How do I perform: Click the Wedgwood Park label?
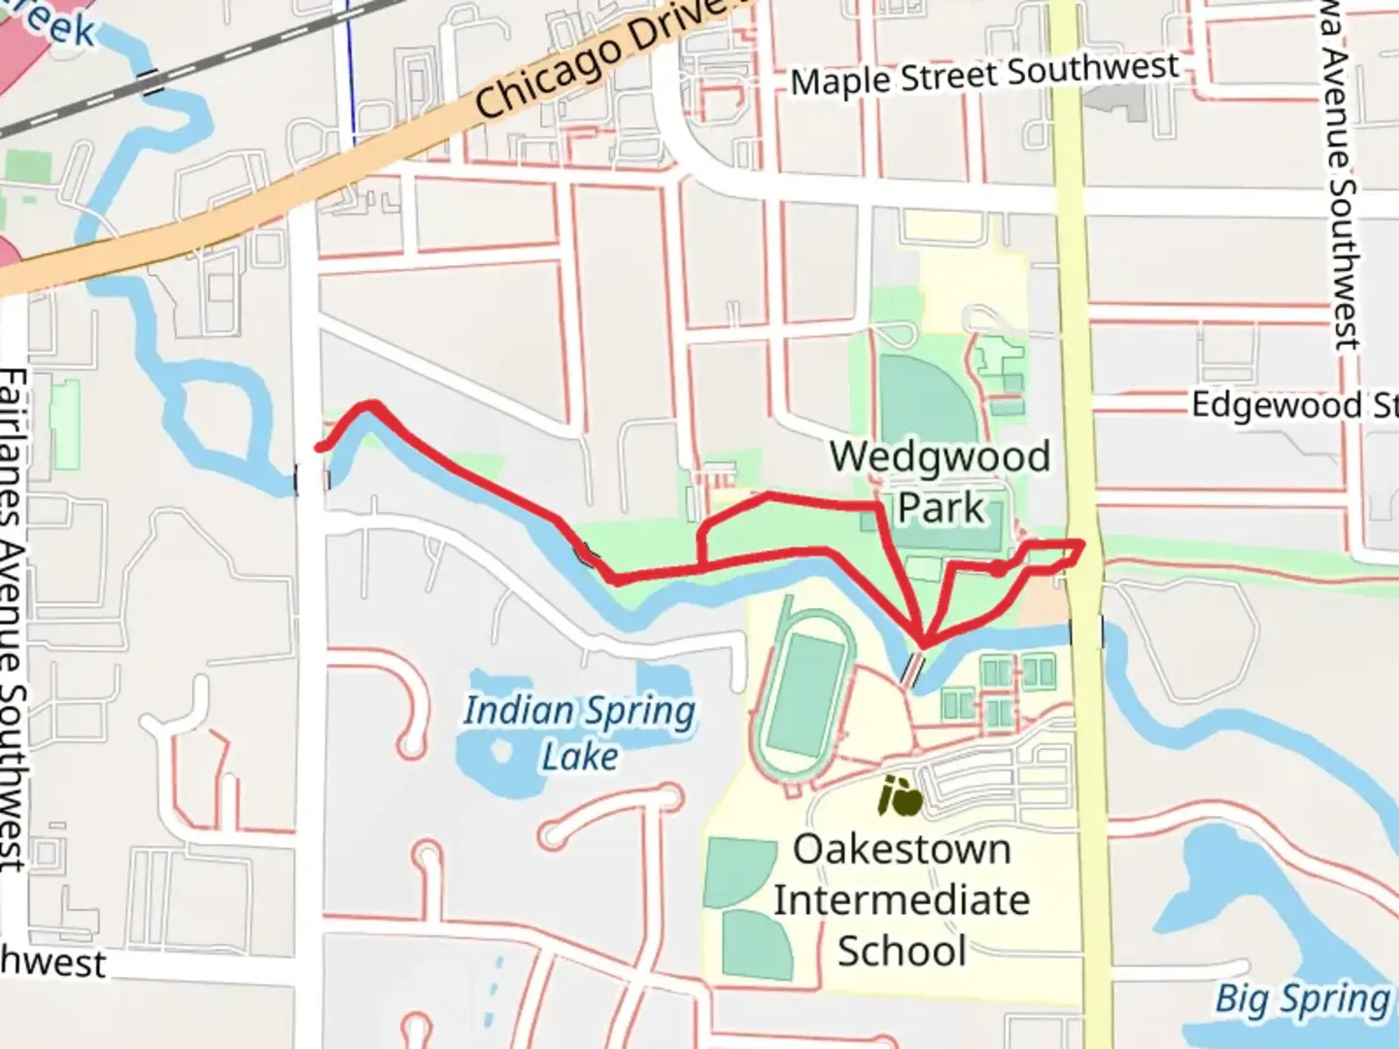click(940, 482)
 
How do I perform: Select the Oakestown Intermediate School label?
click(902, 899)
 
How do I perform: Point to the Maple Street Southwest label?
click(984, 75)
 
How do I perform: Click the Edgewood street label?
click(1292, 404)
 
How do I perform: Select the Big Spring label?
click(1302, 998)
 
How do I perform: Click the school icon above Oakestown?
click(901, 798)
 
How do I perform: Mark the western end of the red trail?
click(319, 448)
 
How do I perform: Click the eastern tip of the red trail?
click(1081, 544)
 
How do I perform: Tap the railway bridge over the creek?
click(151, 81)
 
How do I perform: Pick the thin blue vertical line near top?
click(351, 68)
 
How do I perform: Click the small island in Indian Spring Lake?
click(502, 751)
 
